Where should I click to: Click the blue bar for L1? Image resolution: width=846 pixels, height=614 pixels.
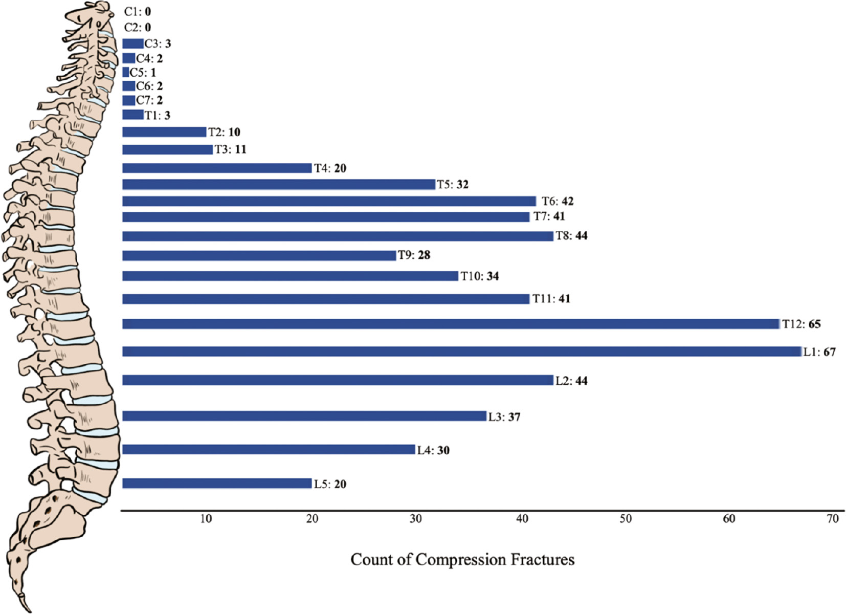pyautogui.click(x=462, y=352)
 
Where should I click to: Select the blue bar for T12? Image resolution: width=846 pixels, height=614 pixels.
pyautogui.click(x=451, y=324)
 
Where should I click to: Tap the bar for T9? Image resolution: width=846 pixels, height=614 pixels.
pyautogui.click(x=259, y=255)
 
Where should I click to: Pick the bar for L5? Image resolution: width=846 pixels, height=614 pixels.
pyautogui.click(x=217, y=483)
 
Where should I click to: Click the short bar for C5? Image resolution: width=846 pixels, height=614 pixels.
pyautogui.click(x=126, y=72)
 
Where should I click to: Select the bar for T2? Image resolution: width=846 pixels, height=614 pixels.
pyautogui.click(x=164, y=132)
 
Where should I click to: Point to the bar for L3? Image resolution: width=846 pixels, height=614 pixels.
pyautogui.click(x=304, y=416)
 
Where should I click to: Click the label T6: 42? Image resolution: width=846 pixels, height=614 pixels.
pyautogui.click(x=558, y=201)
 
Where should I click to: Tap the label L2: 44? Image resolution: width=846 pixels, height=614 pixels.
pyautogui.click(x=571, y=381)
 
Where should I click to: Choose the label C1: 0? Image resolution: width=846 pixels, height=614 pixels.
pyautogui.click(x=138, y=12)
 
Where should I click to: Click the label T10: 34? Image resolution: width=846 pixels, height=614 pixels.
pyautogui.click(x=480, y=276)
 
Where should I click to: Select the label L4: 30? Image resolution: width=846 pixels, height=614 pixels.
pyautogui.click(x=433, y=450)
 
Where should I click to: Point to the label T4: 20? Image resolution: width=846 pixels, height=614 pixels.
pyautogui.click(x=330, y=168)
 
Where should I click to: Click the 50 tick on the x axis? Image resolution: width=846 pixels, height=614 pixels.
pyautogui.click(x=626, y=519)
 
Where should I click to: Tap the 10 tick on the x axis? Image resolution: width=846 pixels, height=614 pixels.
pyautogui.click(x=206, y=519)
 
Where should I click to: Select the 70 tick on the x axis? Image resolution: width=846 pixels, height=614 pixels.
pyautogui.click(x=832, y=519)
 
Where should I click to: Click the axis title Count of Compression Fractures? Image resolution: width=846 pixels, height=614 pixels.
pyautogui.click(x=462, y=560)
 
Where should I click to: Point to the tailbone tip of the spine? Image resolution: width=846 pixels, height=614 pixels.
pyautogui.click(x=30, y=610)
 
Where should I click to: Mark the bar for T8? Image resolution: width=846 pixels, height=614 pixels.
pyautogui.click(x=338, y=236)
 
